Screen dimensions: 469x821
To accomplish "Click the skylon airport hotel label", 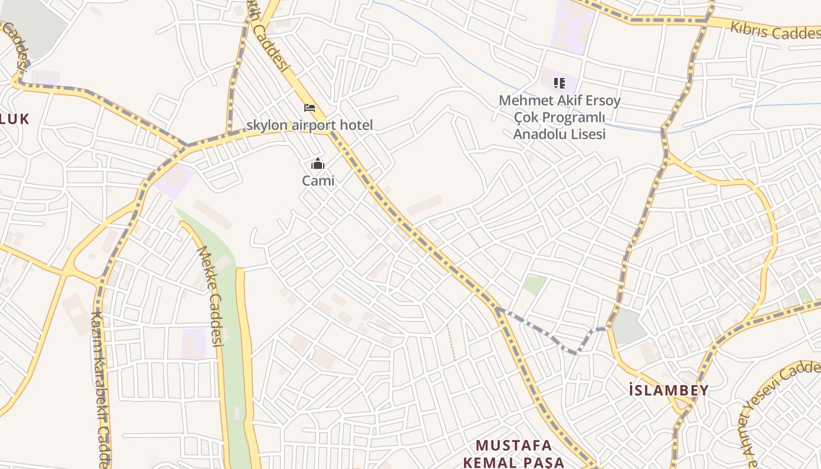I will pos(309,125).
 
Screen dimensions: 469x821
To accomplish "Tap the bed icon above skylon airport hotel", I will pos(310,108).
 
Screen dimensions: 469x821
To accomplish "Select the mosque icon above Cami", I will pos(318,164).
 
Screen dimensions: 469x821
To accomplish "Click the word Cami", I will pos(318,181).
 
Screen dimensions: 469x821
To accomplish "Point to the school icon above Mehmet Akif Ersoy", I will pos(559,83).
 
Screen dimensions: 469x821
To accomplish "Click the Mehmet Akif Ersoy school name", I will pos(559,101).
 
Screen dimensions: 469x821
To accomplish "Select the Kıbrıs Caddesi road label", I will pos(774,30).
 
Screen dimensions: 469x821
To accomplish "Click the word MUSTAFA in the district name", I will pos(513,445).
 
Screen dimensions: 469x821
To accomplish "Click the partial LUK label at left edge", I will pos(14,119).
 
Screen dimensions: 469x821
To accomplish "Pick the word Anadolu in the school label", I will pos(535,134).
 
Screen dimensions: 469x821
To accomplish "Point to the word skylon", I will pos(267,125).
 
